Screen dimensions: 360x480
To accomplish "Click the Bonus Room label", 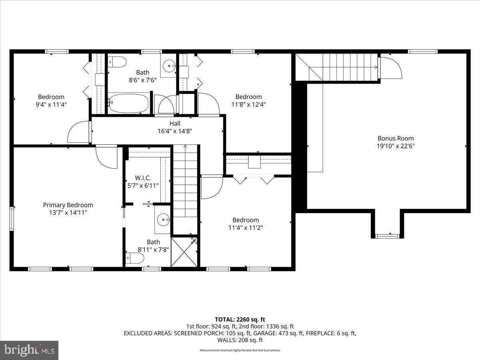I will (396, 138).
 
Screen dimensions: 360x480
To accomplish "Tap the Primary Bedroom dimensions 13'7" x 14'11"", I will (68, 212).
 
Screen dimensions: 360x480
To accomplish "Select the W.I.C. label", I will (142, 178).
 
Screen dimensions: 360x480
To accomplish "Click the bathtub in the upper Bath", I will (128, 103).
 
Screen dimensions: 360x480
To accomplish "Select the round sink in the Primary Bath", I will (163, 219).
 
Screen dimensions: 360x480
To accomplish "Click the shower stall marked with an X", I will (184, 252).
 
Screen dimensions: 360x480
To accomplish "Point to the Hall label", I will (175, 123).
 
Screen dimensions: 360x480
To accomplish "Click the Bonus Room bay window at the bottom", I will (387, 236).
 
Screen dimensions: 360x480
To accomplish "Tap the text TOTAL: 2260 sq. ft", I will (240, 319).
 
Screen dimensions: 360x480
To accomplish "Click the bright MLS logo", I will (29, 350).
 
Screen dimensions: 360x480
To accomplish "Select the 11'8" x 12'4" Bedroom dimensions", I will (248, 104).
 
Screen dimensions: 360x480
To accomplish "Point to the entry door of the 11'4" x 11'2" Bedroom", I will (211, 187).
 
